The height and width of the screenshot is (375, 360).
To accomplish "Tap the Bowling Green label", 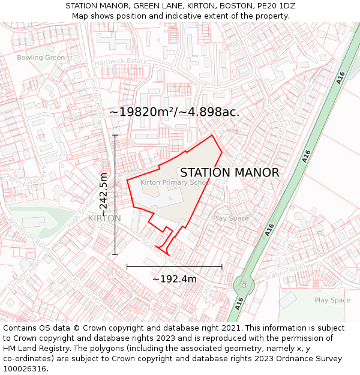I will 41,58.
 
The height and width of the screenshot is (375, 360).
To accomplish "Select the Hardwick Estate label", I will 120,62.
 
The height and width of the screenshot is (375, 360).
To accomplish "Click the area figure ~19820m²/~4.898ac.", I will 175,112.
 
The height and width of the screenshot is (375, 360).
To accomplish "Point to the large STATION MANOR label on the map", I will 230,173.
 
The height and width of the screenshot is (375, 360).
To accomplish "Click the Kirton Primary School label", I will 176,182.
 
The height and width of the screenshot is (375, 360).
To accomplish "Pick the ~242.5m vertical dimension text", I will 104,194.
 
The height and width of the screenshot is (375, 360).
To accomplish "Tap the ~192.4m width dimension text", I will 175,279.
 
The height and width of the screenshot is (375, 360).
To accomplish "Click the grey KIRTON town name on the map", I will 104,218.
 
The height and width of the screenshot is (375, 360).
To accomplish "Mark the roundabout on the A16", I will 244,284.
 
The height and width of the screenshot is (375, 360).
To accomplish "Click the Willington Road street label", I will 28,234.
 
